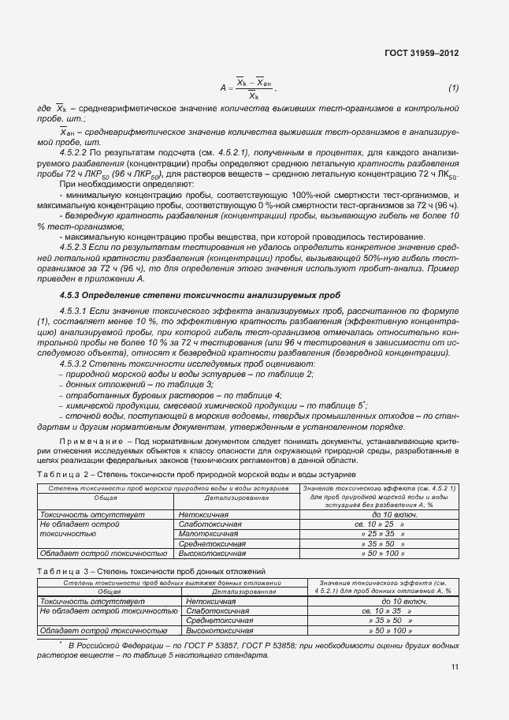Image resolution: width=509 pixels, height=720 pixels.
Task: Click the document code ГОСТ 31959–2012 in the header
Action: (421, 53)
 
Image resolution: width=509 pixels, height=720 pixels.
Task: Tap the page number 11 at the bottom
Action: (455, 667)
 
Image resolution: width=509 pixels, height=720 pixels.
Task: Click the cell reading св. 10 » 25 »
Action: (379, 524)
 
